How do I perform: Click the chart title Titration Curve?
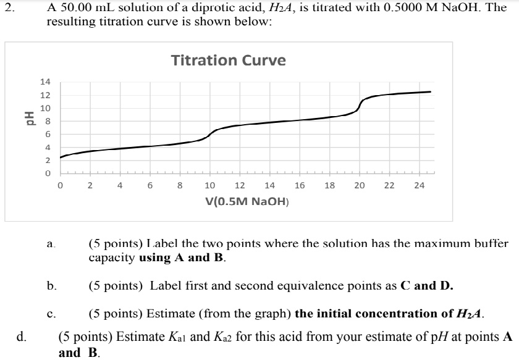[228, 61]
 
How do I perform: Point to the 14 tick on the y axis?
[44, 82]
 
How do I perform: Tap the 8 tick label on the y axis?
[44, 122]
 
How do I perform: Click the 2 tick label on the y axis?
[44, 161]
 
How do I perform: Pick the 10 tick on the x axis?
[209, 185]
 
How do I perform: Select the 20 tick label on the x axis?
[360, 185]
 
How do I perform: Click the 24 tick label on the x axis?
[420, 185]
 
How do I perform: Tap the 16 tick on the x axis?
[300, 185]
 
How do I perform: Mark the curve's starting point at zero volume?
[61, 157]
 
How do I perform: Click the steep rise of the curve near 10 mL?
[211, 133]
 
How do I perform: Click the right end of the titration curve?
[430, 91]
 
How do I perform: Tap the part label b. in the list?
[53, 286]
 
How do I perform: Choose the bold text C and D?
[427, 285]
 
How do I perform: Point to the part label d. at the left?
[22, 337]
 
